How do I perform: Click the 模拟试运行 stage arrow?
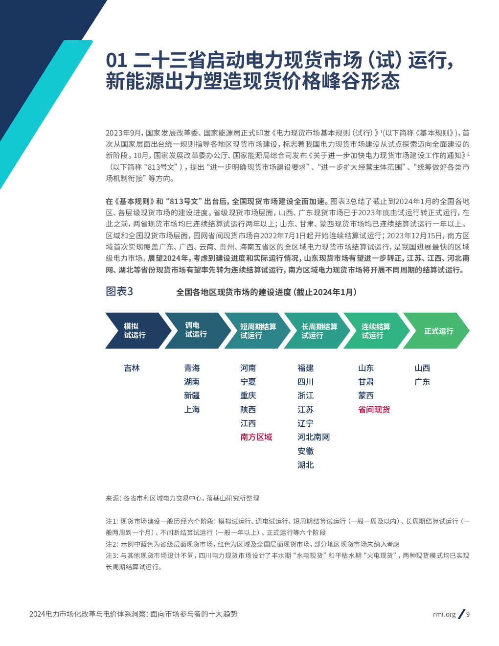(x=134, y=331)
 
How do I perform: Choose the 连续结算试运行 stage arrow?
(x=375, y=331)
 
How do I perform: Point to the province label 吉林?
(x=132, y=368)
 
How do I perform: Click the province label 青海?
(x=192, y=368)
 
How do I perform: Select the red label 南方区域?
(x=256, y=437)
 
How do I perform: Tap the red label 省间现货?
(x=374, y=410)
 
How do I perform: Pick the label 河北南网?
(x=314, y=437)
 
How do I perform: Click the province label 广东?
(x=422, y=382)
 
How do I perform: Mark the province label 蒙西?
(x=366, y=395)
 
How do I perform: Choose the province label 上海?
(x=192, y=410)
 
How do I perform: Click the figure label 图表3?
(x=119, y=292)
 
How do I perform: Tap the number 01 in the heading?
(x=116, y=61)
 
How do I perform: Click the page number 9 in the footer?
(x=468, y=614)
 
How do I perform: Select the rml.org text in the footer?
(x=444, y=614)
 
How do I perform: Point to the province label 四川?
(x=305, y=382)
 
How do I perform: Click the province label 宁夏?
(x=248, y=382)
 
